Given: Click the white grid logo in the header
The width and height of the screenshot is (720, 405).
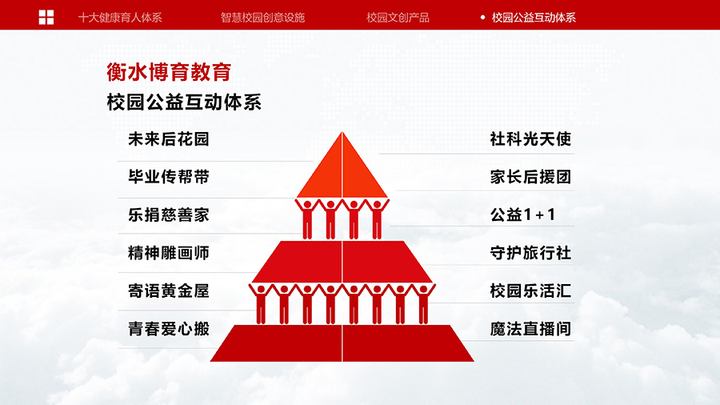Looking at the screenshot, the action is (46, 18).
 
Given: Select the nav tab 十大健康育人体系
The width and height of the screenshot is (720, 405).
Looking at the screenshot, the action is (120, 18).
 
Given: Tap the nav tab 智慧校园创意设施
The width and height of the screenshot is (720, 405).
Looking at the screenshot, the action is (262, 18).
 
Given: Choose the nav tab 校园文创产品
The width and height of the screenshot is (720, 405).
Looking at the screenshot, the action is (398, 18).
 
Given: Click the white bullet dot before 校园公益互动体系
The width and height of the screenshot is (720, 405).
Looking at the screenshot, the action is (482, 18).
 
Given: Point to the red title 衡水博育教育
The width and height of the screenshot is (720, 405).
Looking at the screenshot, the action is (169, 72).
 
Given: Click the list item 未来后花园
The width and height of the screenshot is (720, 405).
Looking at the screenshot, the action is (169, 139).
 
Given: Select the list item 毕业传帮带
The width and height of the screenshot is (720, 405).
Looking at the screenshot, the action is (169, 177).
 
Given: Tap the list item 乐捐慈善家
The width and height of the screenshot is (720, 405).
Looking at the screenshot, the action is (169, 215).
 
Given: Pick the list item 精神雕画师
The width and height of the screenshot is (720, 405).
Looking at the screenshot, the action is (169, 253).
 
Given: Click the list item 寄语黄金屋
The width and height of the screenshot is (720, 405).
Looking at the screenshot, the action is (169, 291).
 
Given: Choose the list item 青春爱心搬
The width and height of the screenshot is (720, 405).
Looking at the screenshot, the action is (169, 329).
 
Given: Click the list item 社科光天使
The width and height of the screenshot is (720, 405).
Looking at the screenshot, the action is (530, 139).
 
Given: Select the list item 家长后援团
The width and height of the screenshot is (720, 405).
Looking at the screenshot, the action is (530, 177).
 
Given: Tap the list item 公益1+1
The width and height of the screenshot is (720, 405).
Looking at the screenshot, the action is (522, 215).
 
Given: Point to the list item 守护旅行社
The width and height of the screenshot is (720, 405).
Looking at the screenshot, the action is (530, 253).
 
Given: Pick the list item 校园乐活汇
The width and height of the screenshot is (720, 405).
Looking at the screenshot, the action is (530, 291).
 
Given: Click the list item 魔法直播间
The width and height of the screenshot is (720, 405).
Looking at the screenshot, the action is (530, 329).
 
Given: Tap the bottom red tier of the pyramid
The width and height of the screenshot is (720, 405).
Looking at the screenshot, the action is (342, 343).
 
